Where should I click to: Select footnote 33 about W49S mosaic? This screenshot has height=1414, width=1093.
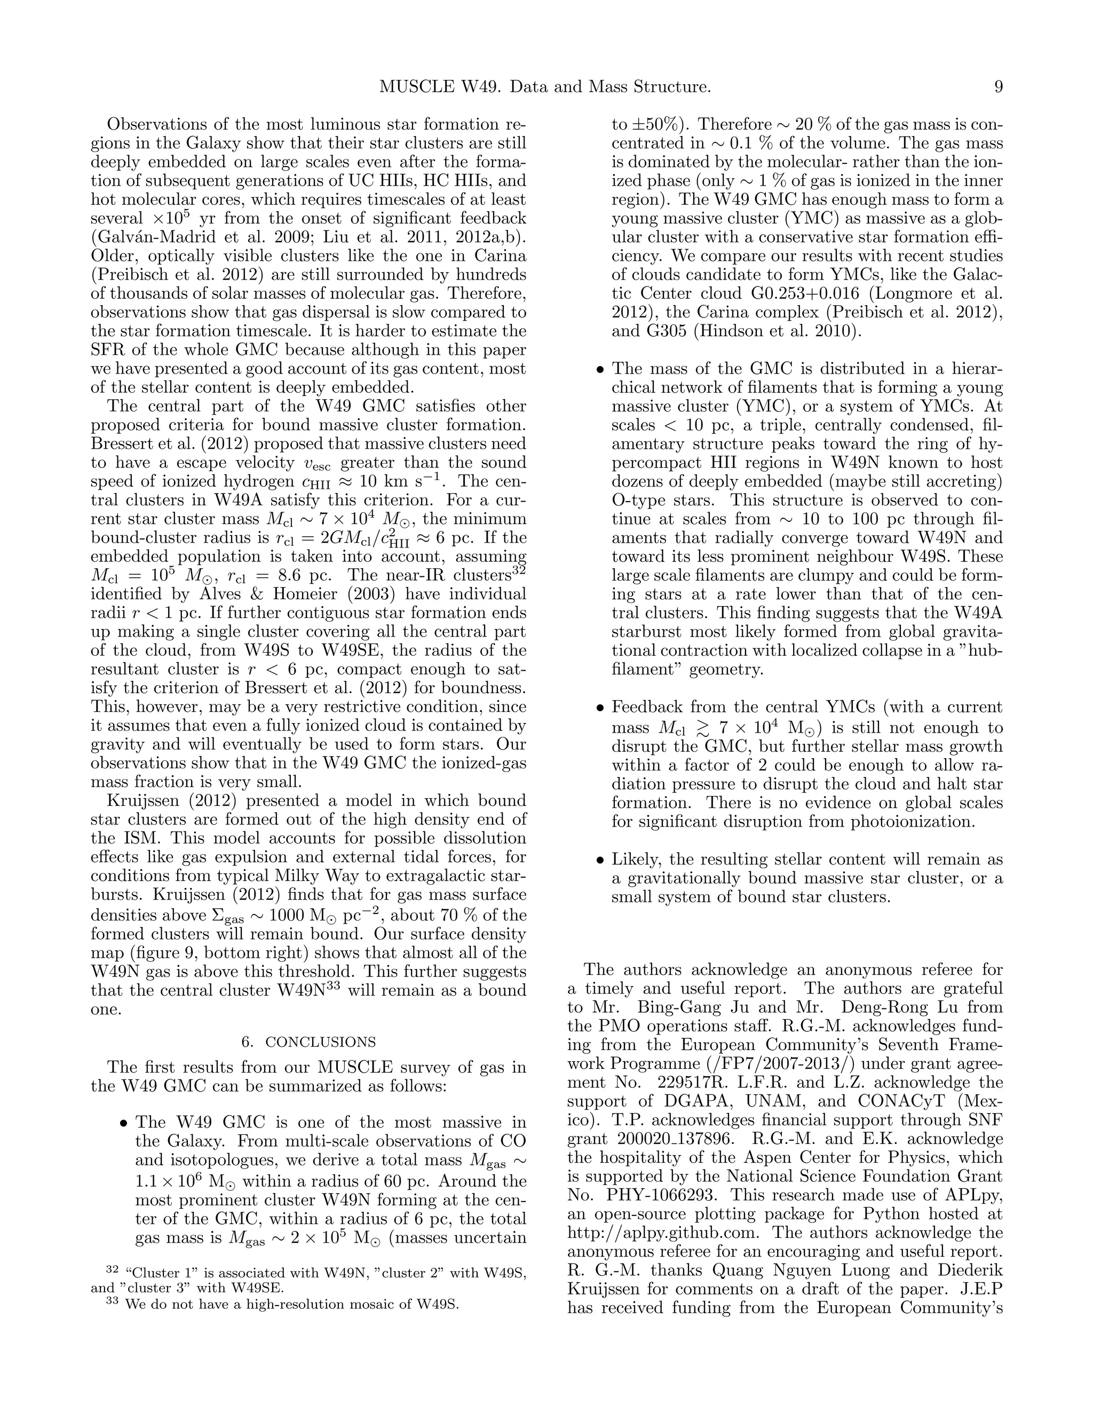282,1304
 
